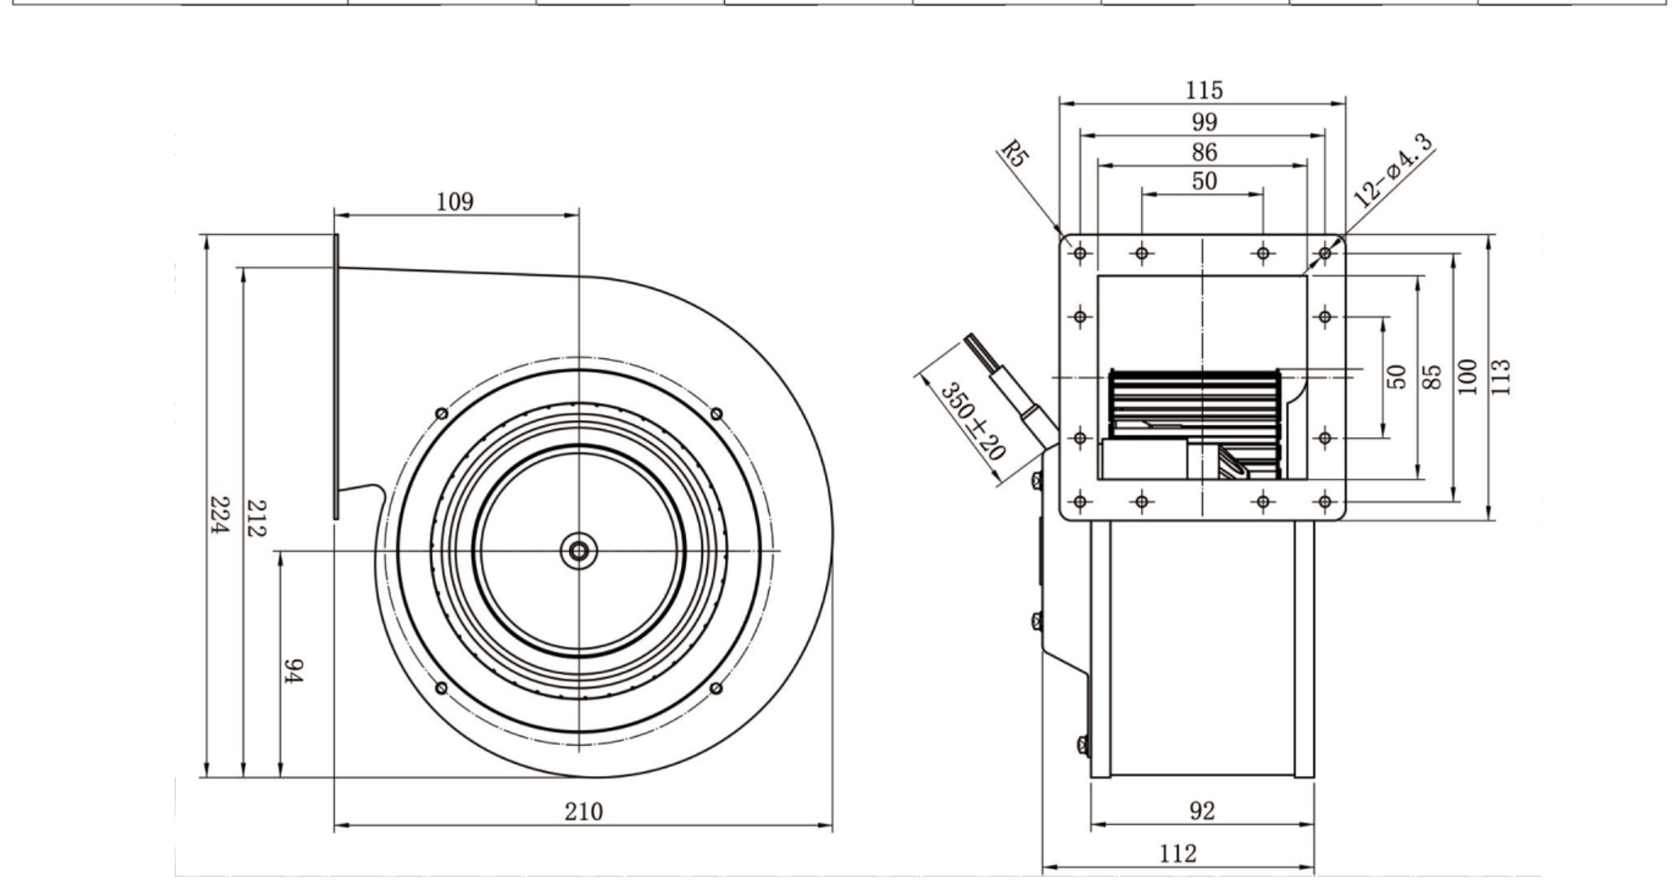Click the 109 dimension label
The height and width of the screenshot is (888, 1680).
tap(454, 201)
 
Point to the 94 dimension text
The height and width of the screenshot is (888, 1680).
tap(293, 670)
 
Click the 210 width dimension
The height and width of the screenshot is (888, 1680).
tap(584, 812)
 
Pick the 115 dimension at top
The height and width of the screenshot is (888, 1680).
tap(1204, 89)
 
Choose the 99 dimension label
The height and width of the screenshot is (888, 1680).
tap(1205, 122)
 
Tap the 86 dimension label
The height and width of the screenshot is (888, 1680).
tap(1205, 152)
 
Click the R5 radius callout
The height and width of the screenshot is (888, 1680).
tap(1014, 154)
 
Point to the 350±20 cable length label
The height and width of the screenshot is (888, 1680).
tap(973, 421)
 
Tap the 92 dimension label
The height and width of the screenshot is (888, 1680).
tap(1202, 811)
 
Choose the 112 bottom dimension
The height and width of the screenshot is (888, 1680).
tap(1179, 854)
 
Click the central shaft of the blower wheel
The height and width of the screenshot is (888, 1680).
tap(579, 552)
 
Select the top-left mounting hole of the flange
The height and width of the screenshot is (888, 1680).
tap(1080, 253)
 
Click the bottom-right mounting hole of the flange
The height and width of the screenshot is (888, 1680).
tap(1325, 501)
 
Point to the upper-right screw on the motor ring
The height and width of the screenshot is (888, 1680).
tap(716, 414)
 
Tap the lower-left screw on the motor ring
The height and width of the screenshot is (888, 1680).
tap(441, 688)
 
